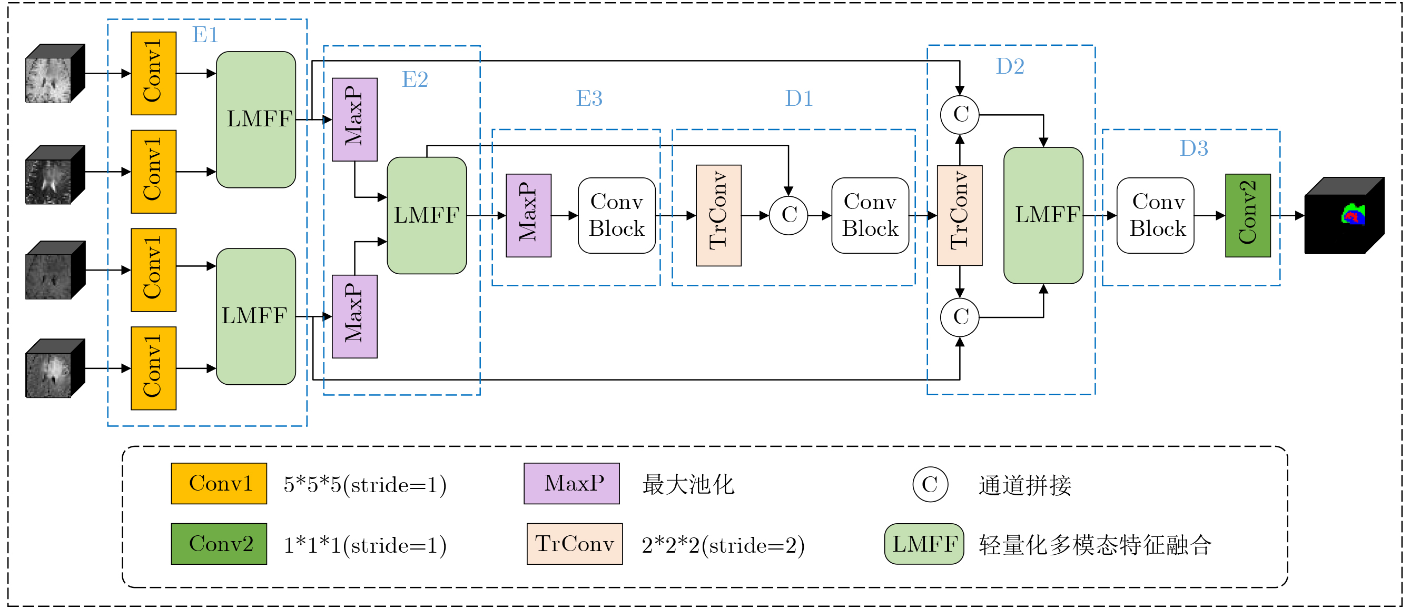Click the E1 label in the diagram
tap(205, 35)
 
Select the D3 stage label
tap(1194, 148)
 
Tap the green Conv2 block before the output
tap(1248, 215)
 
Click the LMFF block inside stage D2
tap(1043, 215)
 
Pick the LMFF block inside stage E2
tap(427, 215)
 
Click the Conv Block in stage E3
tap(617, 215)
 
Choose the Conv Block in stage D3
tap(1156, 215)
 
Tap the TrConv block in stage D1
tap(718, 215)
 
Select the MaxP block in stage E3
tap(529, 215)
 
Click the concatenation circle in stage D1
tap(788, 215)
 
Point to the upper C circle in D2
tap(960, 114)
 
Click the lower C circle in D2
tap(960, 317)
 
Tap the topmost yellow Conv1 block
tap(154, 73)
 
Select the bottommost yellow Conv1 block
tap(154, 368)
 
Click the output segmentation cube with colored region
tap(1345, 216)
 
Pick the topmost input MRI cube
tap(55, 73)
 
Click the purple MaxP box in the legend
tap(572, 484)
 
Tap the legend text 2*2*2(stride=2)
tap(723, 545)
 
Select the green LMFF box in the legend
tap(924, 544)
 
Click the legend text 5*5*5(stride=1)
tap(365, 485)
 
